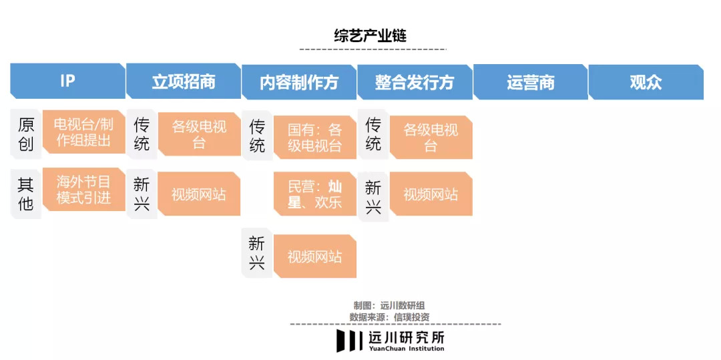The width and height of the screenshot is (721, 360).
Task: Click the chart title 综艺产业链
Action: coord(370,36)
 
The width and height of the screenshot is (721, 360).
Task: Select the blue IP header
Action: coord(67,81)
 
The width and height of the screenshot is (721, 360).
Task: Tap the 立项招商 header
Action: coord(184,81)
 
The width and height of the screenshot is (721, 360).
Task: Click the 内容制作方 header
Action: coord(299,82)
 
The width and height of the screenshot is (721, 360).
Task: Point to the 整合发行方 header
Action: coord(415,82)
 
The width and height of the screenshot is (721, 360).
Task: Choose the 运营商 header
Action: coord(531,82)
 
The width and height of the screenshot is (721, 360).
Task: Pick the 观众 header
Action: coord(646,82)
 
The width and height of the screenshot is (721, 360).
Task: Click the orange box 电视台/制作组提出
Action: coord(83,132)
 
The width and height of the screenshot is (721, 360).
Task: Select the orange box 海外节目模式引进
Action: coord(83,190)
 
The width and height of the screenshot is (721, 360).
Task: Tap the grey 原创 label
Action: coord(26,134)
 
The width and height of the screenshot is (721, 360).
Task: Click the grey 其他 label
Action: coord(26,193)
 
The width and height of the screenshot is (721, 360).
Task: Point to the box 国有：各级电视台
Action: coord(315,138)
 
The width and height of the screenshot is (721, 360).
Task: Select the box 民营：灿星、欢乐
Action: coord(315,194)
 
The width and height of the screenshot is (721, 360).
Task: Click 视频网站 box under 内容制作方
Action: coord(315,256)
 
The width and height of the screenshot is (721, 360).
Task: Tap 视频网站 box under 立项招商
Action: coord(199,194)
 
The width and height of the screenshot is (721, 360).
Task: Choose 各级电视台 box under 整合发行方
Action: coord(431,138)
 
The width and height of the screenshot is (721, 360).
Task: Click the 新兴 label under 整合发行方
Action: coord(373,197)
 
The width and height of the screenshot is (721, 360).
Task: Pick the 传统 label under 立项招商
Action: coord(142,134)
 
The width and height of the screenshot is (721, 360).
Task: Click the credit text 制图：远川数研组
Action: coord(392,306)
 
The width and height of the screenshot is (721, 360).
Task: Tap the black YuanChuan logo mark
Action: coord(348,340)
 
